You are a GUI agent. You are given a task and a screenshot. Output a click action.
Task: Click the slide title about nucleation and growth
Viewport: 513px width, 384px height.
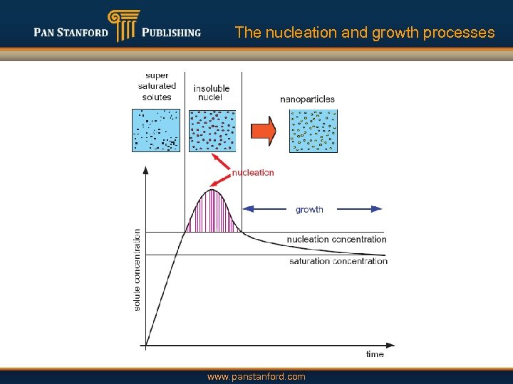point(364,33)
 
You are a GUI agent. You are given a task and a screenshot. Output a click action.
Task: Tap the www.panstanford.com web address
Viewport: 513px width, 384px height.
point(256,377)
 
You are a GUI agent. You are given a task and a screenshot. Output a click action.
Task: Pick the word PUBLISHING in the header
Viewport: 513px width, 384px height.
point(171,32)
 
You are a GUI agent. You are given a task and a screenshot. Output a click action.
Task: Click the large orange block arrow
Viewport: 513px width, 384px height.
point(264,131)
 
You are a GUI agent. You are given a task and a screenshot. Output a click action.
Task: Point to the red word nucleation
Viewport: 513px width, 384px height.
point(253,173)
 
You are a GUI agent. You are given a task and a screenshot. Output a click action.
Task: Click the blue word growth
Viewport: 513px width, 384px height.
point(309,210)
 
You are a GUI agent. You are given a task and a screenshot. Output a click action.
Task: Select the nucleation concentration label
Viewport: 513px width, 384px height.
point(336,240)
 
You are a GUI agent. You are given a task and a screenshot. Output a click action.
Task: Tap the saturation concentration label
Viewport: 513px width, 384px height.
point(338,262)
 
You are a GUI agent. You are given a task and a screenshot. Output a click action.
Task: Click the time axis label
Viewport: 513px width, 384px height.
point(375,354)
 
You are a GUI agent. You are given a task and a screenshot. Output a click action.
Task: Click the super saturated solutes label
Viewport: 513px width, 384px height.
point(157,86)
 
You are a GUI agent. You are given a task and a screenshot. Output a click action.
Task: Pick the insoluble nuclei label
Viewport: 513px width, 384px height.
point(212,92)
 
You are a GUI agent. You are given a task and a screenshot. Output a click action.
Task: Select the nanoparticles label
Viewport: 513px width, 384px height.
point(307,100)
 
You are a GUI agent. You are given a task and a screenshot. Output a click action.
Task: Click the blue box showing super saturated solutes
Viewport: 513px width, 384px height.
point(156,130)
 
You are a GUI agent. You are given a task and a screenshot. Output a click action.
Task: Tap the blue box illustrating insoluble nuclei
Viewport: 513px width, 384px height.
point(212,130)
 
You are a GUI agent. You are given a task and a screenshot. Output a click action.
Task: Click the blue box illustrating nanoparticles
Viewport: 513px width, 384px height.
point(313,131)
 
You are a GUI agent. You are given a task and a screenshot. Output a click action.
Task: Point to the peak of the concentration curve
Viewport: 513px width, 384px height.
point(212,190)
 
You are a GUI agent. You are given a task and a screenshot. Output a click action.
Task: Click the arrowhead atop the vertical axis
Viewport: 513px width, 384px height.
point(146,170)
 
